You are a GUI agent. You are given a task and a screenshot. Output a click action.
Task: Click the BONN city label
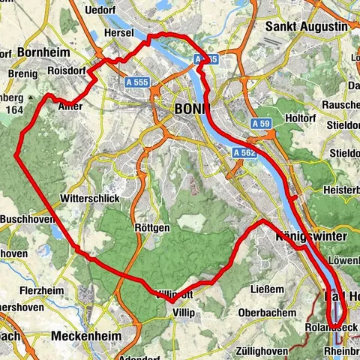point(191,109)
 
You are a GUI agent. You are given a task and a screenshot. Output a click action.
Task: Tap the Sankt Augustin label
point(307,27)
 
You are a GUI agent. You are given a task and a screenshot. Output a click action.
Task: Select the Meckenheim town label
point(86,337)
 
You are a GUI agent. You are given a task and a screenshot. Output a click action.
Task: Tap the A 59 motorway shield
point(260,122)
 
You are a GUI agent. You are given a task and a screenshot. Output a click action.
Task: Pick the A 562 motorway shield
point(244,152)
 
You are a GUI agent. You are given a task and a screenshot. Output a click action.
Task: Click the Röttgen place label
point(152,227)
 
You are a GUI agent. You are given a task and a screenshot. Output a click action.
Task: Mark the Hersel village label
point(119,33)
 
